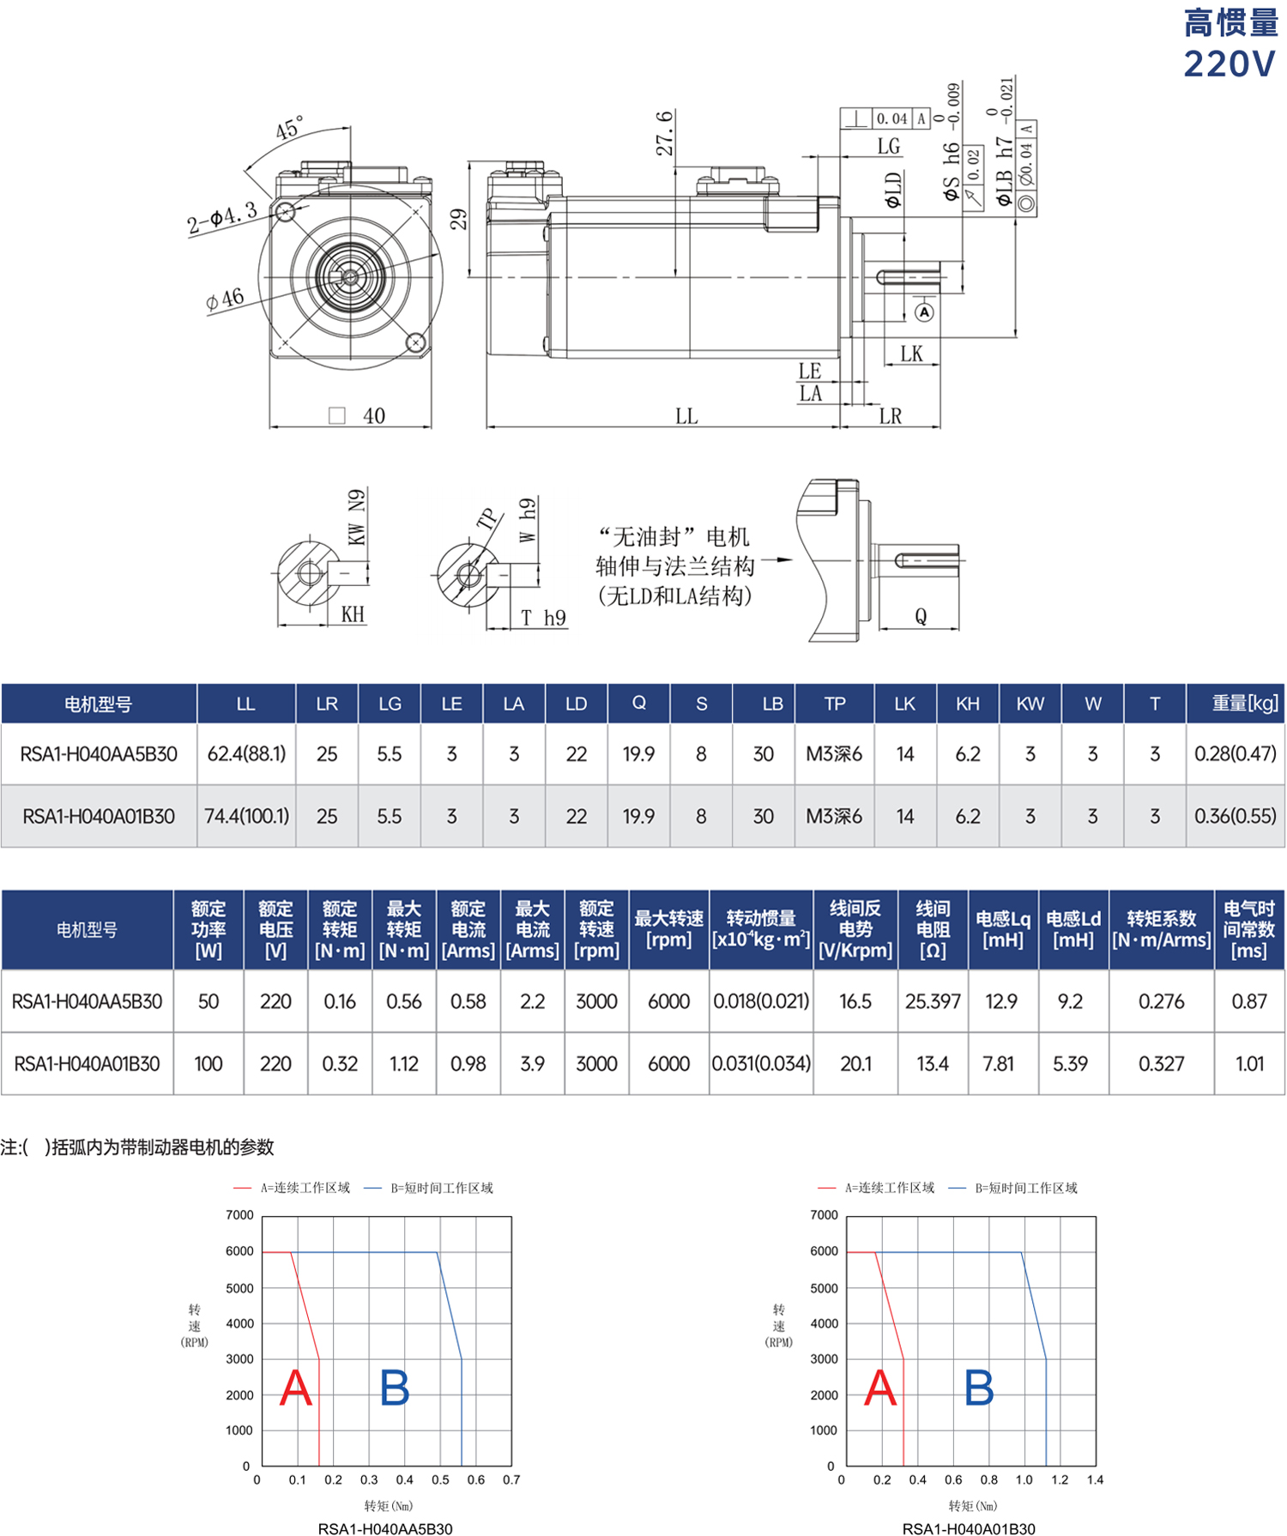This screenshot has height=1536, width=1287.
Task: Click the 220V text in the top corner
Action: point(1230,63)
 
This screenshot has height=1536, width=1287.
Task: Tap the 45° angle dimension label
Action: point(290,128)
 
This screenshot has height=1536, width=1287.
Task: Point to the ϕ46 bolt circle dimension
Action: point(225,299)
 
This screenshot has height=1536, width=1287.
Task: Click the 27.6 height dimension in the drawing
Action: point(665,133)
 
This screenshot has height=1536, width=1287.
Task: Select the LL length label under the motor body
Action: point(686,416)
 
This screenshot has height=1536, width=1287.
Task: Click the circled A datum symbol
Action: point(924,312)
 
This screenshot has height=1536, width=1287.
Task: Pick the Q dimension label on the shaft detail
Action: point(921,616)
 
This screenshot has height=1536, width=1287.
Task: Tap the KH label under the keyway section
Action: point(353,614)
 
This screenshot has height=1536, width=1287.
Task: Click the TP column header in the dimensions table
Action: point(835,704)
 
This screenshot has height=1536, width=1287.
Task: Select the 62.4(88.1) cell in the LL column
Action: point(246,754)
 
